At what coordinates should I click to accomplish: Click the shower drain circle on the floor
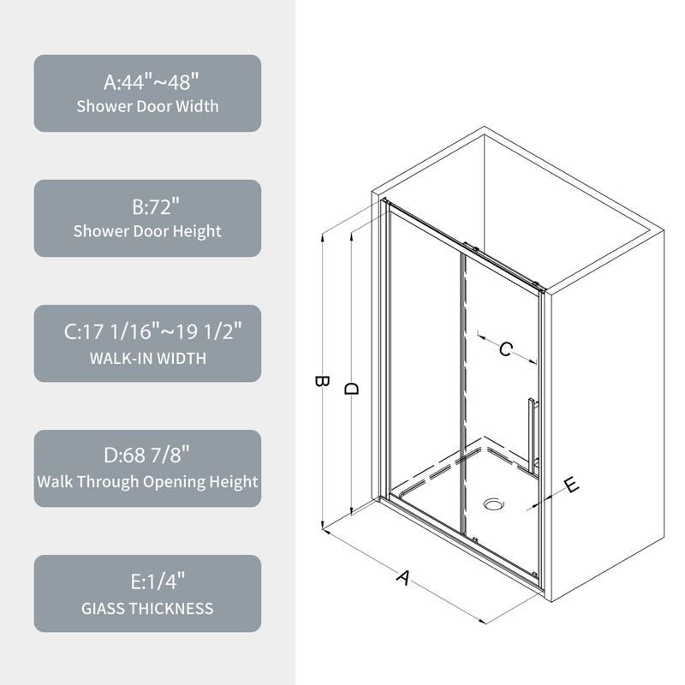(x=493, y=504)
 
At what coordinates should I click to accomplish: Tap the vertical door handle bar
(x=532, y=433)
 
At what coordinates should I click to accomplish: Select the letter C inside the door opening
(x=505, y=348)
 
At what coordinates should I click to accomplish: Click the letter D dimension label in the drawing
(x=351, y=387)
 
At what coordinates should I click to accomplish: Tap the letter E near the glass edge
(x=571, y=485)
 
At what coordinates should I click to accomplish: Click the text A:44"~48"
(x=147, y=83)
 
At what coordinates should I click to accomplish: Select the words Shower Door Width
(x=147, y=107)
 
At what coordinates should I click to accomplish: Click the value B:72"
(x=147, y=208)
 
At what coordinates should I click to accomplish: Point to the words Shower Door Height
(x=147, y=231)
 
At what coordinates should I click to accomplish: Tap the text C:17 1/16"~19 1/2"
(x=147, y=333)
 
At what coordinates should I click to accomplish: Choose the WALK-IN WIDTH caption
(x=147, y=357)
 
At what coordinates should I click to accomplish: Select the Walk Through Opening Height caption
(x=147, y=481)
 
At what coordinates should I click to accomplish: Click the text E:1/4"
(x=147, y=583)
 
